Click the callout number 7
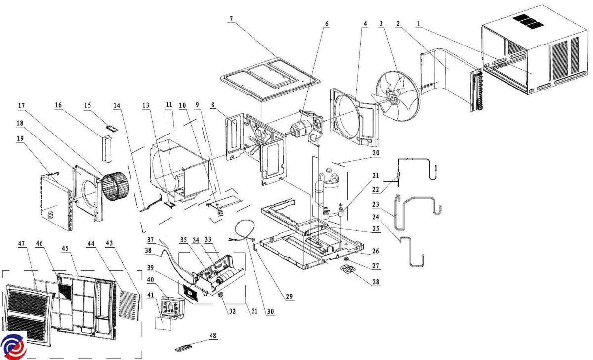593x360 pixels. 231,19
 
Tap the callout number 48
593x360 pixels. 213,336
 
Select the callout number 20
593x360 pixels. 376,153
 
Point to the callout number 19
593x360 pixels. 20,138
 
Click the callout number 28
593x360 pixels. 376,282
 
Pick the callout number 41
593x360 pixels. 150,295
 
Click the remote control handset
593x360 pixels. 183,348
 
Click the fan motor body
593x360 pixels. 299,129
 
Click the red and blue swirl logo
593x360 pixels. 13,346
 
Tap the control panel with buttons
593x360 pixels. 172,308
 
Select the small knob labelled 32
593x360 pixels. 220,295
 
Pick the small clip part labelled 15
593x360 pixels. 112,128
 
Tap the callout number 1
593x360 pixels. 418,24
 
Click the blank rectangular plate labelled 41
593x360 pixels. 163,324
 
